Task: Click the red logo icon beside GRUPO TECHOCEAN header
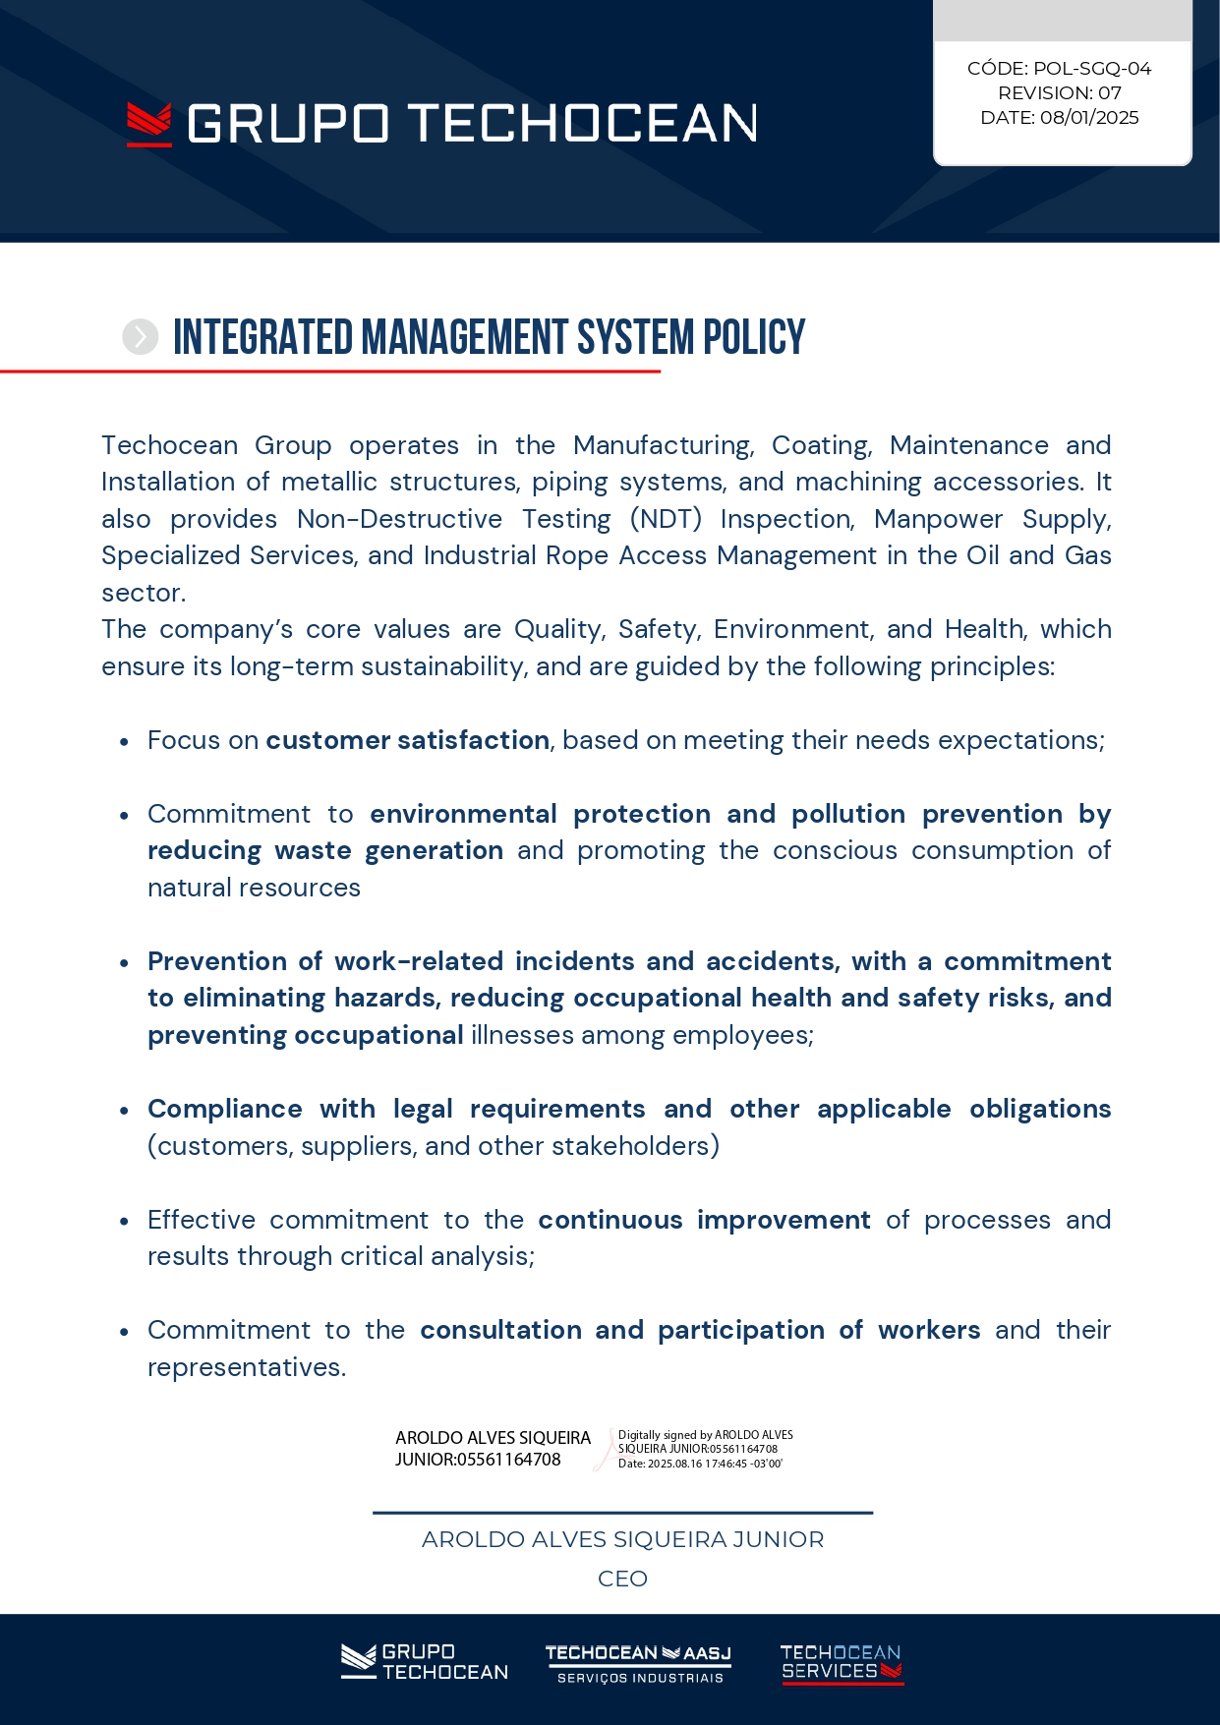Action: click(149, 125)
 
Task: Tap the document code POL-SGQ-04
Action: click(1091, 69)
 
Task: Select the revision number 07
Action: click(1109, 93)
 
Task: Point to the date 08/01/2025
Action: click(1088, 118)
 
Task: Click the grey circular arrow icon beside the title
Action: click(141, 337)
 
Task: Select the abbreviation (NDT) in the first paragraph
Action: click(666, 519)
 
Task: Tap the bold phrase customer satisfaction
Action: click(407, 740)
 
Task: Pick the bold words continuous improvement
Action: click(704, 1220)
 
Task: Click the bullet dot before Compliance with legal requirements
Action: click(124, 1111)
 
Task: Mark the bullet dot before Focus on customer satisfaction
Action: click(124, 742)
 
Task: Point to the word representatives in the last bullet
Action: click(246, 1367)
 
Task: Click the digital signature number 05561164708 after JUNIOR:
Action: click(508, 1460)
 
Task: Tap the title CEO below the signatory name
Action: click(622, 1579)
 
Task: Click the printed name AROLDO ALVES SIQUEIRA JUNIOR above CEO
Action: click(622, 1539)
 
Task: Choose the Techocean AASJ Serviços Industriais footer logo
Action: click(638, 1664)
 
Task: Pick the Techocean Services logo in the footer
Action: click(841, 1663)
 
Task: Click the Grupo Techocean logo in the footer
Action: click(425, 1662)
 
